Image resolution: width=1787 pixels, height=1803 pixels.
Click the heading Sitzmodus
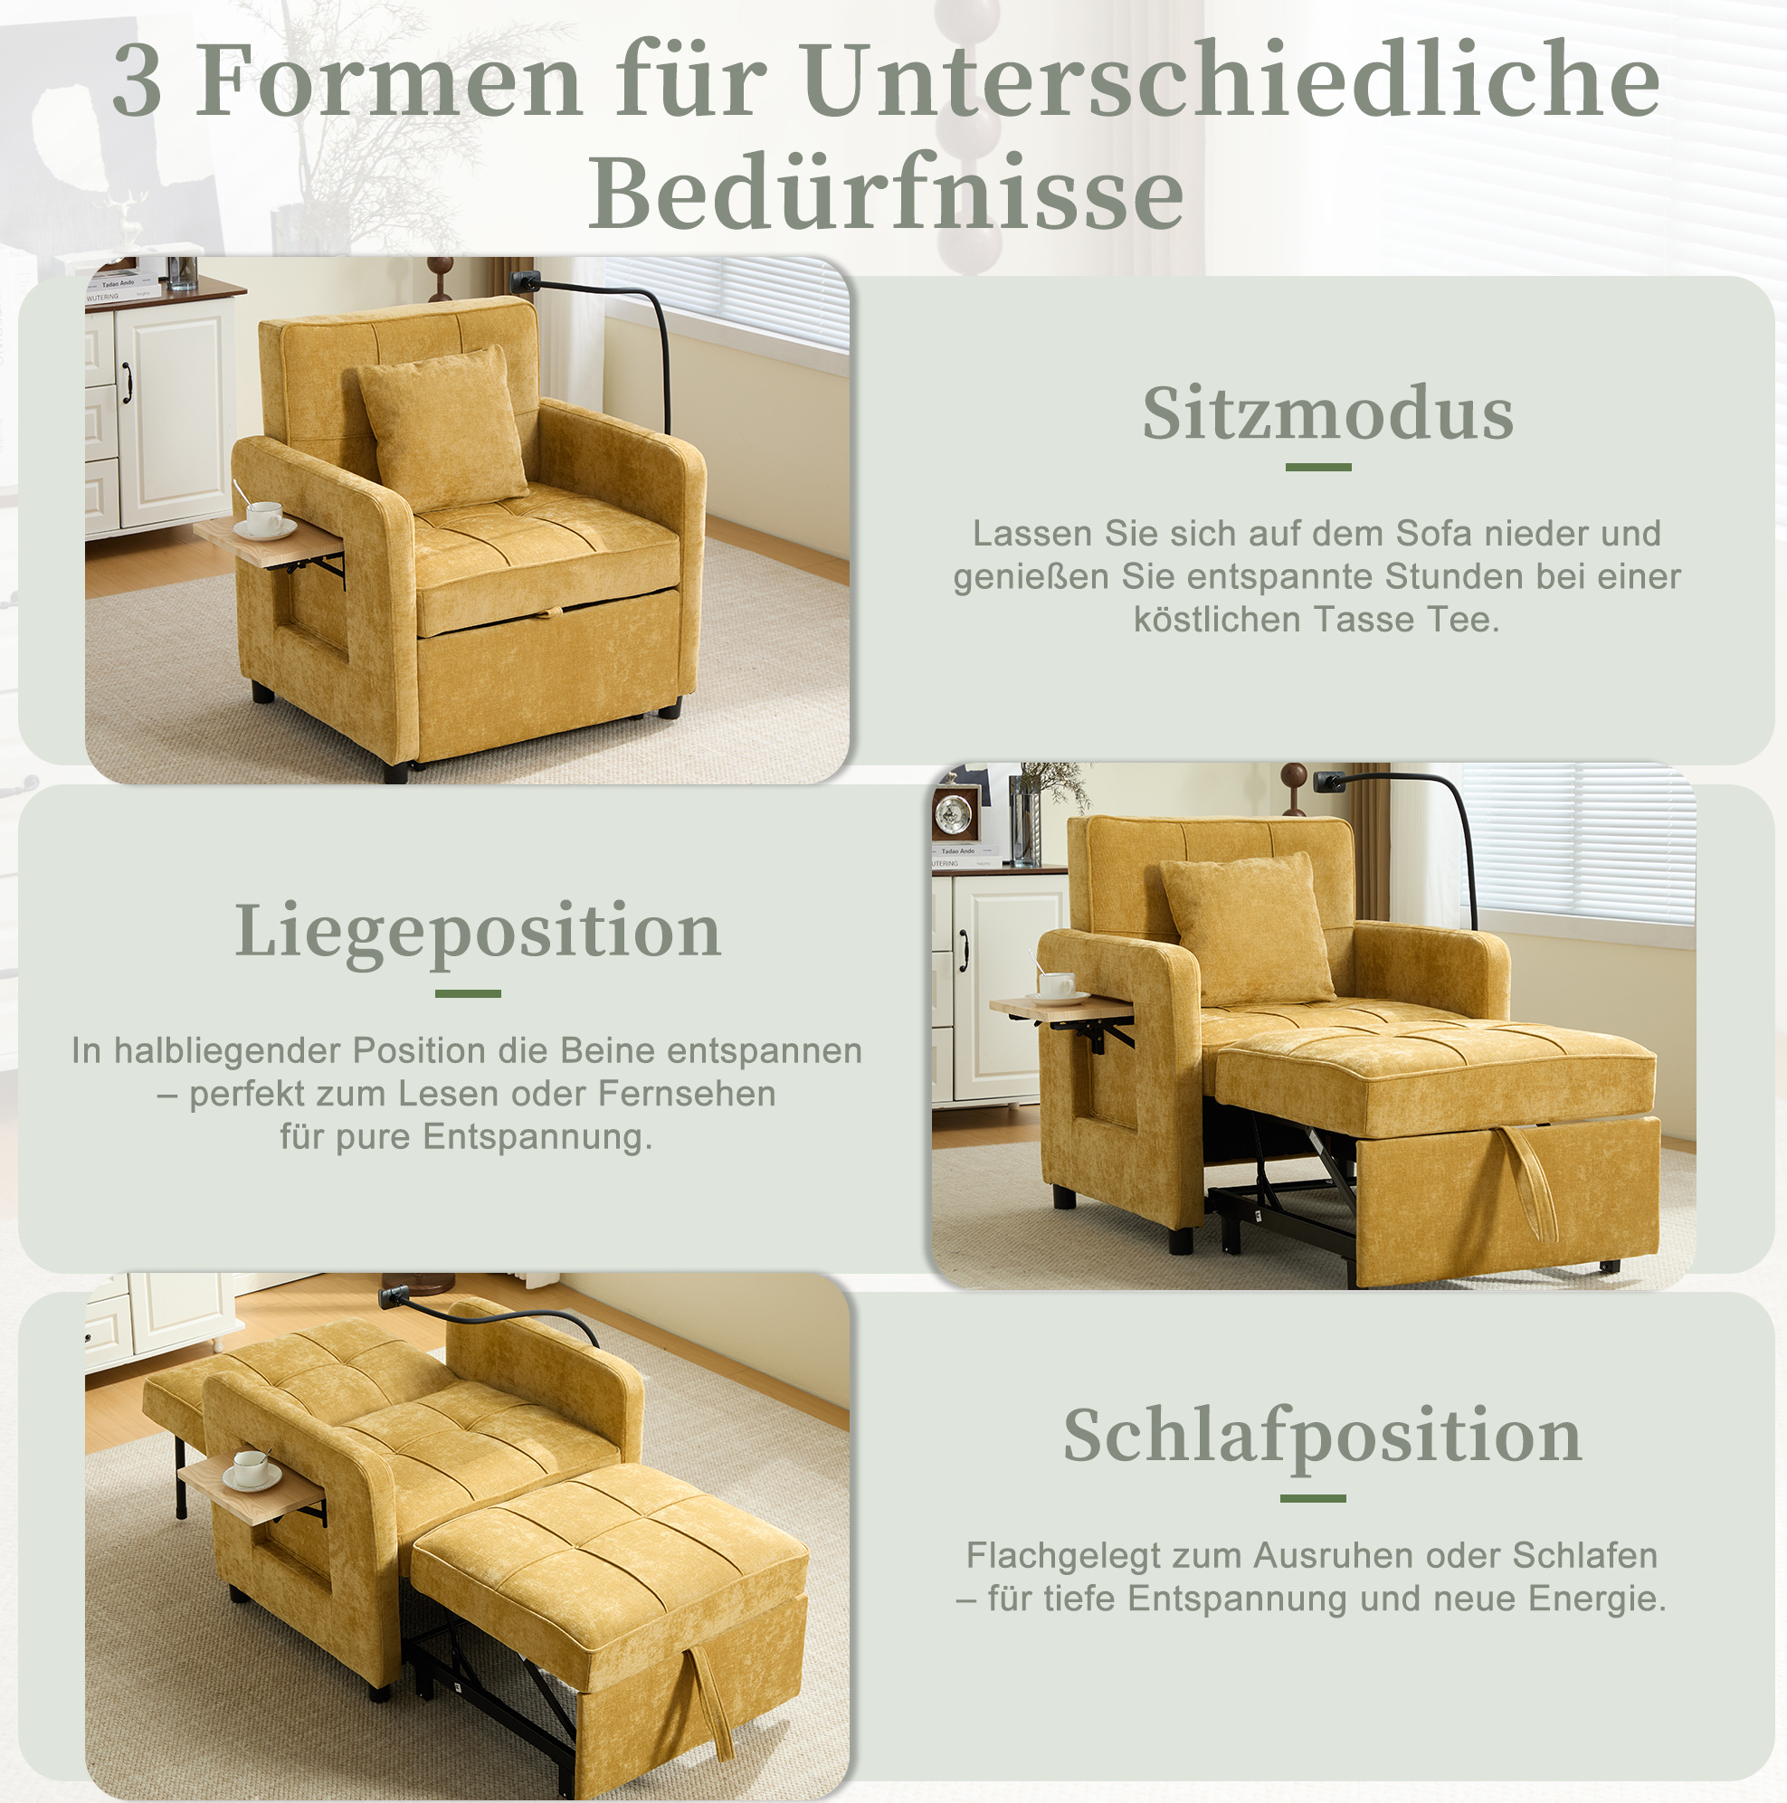(1328, 413)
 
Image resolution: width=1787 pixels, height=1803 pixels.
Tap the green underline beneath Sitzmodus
(1318, 467)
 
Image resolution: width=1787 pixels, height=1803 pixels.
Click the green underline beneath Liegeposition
(468, 993)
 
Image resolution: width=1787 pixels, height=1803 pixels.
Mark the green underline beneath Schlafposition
(1313, 1498)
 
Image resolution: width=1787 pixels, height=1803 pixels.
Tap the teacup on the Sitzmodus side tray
(264, 519)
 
